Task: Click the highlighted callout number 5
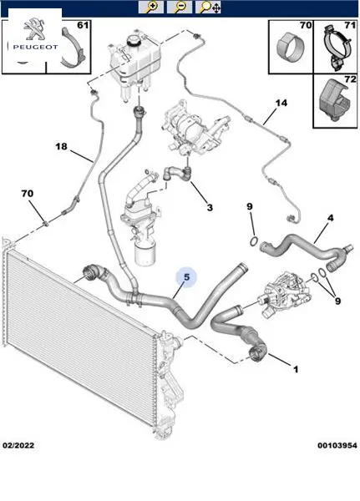click(187, 277)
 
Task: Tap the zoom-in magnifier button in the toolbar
click(151, 7)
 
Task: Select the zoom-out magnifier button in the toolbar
click(180, 7)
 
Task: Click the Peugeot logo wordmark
click(35, 47)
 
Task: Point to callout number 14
click(281, 103)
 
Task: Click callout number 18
click(61, 146)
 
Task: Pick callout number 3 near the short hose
click(210, 208)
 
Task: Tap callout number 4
click(330, 218)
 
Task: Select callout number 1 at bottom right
click(296, 369)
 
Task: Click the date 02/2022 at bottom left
click(18, 445)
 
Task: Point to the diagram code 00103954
click(337, 445)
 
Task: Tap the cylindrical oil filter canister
click(145, 253)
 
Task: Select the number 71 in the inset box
click(350, 25)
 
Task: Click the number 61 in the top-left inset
click(83, 25)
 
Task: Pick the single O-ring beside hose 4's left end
click(253, 241)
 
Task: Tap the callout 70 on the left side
click(28, 194)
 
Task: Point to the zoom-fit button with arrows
click(208, 7)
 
